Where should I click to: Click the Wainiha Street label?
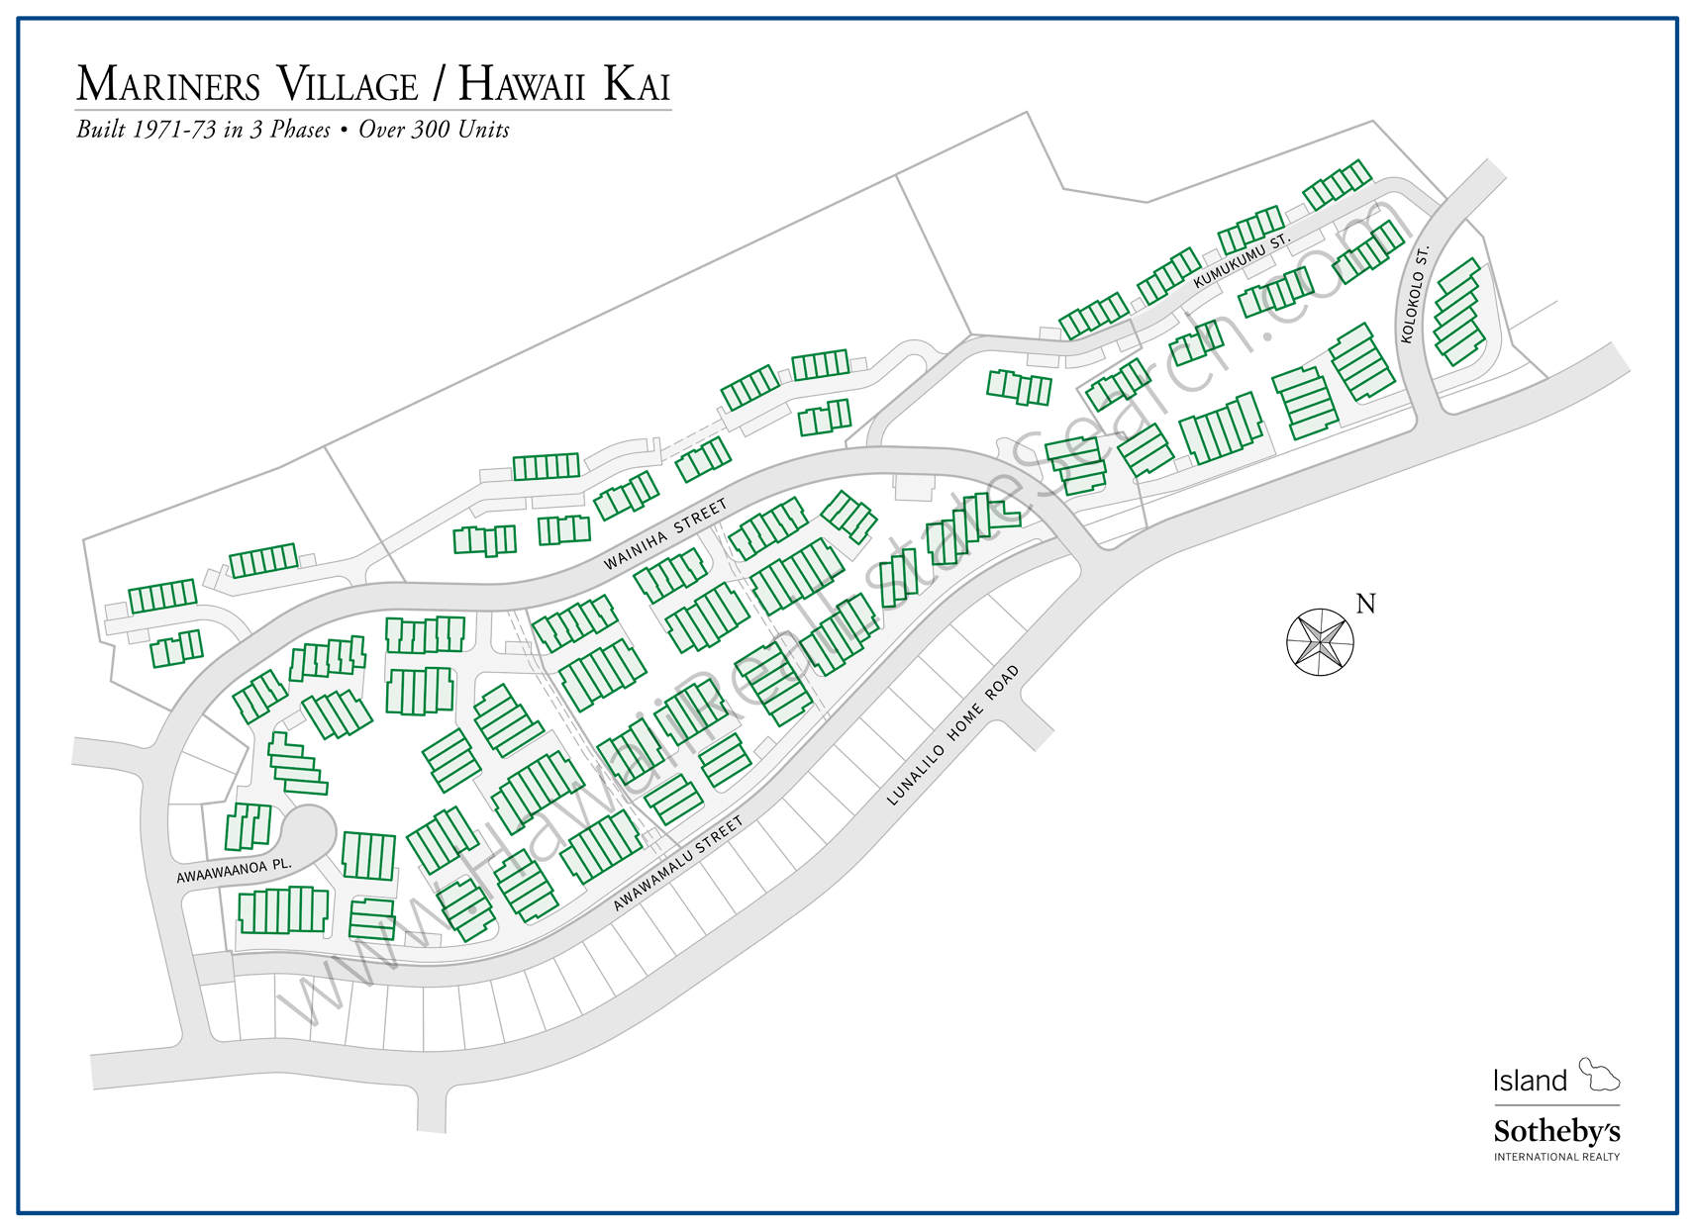tap(665, 534)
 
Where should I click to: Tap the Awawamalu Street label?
tap(677, 864)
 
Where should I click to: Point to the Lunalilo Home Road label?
tap(952, 735)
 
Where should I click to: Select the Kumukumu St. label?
tap(1242, 260)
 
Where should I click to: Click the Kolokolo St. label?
tap(1415, 294)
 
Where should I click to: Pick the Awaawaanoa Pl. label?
tap(234, 871)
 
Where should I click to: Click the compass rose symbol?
tap(1320, 642)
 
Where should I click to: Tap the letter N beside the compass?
tap(1365, 604)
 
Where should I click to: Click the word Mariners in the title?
tap(168, 85)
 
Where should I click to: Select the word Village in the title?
tap(347, 85)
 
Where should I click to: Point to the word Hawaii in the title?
tap(522, 85)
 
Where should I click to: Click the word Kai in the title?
tap(637, 85)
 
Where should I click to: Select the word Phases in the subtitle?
tap(300, 130)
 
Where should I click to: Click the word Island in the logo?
tap(1530, 1081)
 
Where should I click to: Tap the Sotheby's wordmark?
tap(1556, 1131)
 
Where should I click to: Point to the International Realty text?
tap(1556, 1157)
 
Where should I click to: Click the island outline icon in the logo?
tap(1598, 1074)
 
